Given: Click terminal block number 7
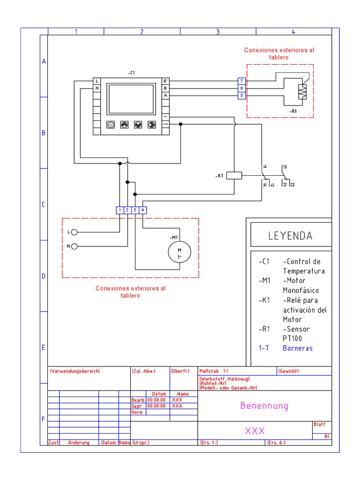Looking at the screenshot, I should [241, 81].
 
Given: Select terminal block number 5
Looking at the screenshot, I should [241, 95].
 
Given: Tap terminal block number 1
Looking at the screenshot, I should [120, 210].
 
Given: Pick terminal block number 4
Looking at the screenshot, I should [142, 210].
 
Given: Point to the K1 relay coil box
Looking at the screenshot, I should [234, 176].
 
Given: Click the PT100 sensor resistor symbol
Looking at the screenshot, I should [302, 92].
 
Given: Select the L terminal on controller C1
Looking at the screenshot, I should [97, 81].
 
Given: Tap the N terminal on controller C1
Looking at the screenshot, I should [97, 88].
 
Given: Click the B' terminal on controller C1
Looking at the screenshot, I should [165, 81].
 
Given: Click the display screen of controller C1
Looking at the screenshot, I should [131, 99].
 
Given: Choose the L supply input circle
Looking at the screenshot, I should [74, 232].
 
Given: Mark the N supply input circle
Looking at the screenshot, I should [74, 246].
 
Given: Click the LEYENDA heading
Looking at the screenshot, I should [290, 236].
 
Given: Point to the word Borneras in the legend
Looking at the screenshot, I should [297, 348].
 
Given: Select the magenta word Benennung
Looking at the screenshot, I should [264, 406].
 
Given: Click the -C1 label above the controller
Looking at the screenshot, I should [131, 73].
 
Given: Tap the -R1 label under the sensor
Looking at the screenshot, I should [293, 111].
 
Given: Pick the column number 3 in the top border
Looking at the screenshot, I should [217, 32].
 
